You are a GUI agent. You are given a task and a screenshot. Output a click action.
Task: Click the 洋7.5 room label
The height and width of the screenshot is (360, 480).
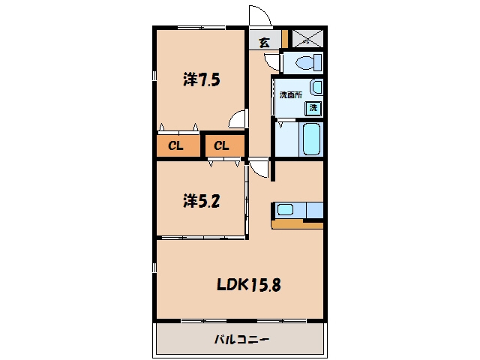(202, 79)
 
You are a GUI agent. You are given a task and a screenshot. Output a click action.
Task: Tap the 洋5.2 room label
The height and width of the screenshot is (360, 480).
(202, 201)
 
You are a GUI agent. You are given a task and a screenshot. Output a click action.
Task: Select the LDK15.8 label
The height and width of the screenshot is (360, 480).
(248, 285)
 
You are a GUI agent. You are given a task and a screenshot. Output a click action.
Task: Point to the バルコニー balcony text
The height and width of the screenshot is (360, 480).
(241, 339)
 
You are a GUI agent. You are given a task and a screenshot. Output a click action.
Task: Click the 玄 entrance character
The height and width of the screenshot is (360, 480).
(265, 42)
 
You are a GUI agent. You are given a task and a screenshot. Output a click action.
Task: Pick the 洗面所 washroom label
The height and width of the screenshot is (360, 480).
(291, 95)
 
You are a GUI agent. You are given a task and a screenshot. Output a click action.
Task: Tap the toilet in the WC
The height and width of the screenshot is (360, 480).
(309, 63)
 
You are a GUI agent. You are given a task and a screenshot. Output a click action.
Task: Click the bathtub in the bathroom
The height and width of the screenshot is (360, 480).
(312, 139)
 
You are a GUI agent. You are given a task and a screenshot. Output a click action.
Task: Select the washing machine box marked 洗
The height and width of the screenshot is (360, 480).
(313, 108)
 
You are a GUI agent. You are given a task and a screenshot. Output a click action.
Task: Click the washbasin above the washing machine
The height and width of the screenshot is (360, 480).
(316, 87)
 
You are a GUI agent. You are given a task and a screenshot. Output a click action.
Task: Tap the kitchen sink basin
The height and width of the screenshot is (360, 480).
(285, 210)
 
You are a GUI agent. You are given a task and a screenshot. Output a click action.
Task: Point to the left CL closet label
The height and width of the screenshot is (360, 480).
(175, 145)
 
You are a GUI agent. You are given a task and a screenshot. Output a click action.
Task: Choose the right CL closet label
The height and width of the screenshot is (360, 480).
(221, 145)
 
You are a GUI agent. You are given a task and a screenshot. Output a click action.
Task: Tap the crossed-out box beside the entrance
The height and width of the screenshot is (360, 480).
(307, 38)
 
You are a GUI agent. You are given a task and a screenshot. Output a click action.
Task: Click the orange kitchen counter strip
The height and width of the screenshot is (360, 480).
(297, 225)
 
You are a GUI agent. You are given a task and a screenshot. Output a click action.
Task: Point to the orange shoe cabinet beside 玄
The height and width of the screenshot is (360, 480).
(285, 39)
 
